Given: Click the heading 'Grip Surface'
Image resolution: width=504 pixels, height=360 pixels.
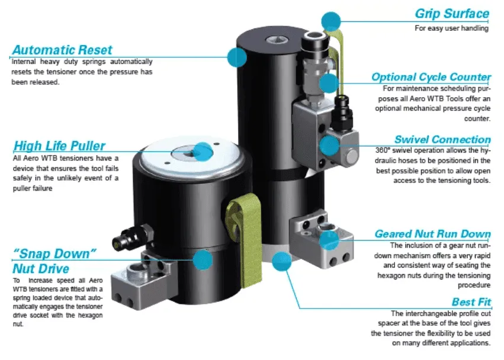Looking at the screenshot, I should pos(451,13).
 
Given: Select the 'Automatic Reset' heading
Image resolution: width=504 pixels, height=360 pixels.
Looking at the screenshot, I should pos(62,50).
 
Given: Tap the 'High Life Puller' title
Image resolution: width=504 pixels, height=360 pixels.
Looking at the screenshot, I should pos(59,146).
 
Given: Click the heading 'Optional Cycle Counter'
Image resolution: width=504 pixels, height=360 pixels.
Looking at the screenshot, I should pos(431,77).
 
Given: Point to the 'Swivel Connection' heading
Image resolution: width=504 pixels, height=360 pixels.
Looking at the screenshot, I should pos(442,140).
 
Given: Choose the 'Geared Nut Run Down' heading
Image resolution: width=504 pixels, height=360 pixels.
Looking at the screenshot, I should pos(432,233).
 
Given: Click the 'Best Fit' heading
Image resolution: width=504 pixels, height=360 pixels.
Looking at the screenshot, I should pos(471,301).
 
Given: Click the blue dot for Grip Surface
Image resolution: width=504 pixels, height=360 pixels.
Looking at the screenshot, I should pos(332,22).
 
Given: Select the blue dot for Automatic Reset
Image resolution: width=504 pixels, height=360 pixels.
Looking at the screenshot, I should pos(237,57).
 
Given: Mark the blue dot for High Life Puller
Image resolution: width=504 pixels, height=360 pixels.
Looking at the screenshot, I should pos(203,152).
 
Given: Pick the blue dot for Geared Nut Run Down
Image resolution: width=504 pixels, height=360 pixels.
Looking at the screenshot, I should pos(329,239).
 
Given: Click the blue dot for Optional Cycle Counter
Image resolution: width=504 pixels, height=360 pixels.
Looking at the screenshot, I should pos(329,82).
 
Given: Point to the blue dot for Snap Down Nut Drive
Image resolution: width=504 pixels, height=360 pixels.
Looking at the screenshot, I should pos(203,259).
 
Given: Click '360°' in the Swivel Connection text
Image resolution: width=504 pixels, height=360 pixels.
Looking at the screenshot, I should pos(386,150).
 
